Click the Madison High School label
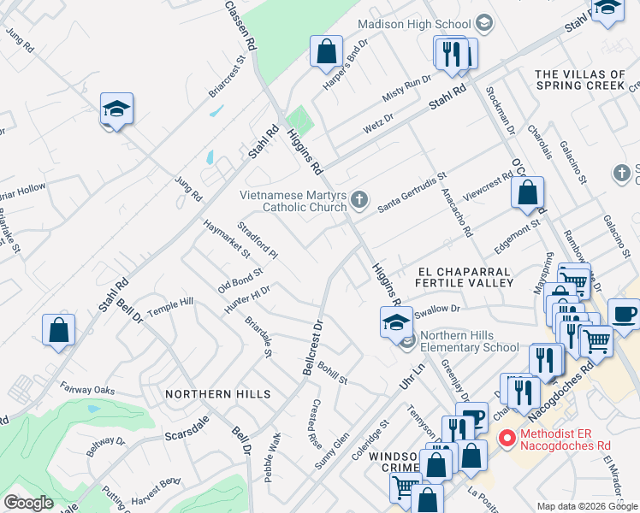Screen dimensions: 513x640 pos(413,24)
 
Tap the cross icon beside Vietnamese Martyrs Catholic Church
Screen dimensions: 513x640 pos(360,201)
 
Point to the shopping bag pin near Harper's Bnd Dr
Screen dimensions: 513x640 pos(326,52)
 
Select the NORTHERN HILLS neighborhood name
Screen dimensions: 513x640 pos(217,394)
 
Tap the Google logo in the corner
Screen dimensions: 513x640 pos(28,502)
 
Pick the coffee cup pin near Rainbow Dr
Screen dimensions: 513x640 pos(623,313)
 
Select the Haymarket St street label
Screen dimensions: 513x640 pos(227,239)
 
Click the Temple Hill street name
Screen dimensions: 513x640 pos(171,306)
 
